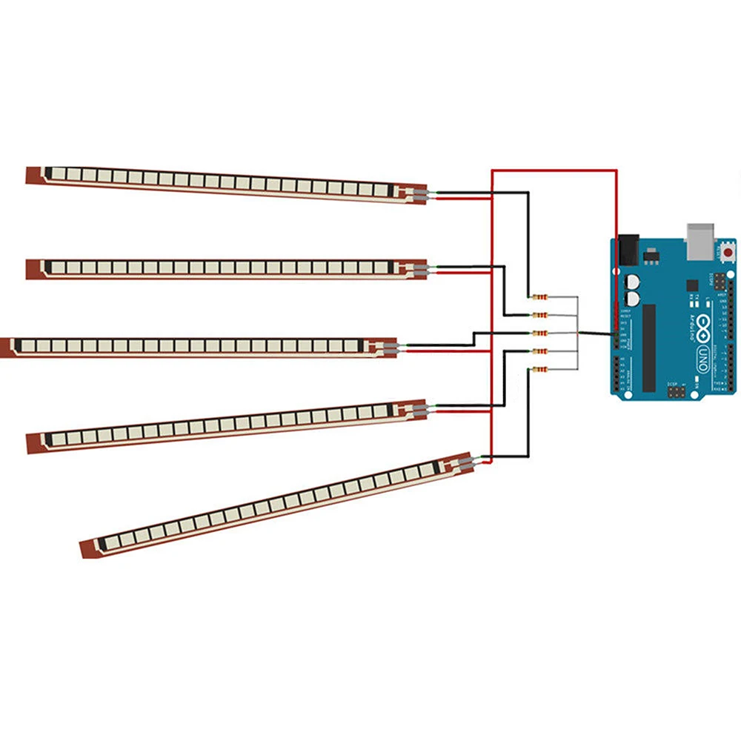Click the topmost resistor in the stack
pos(539,297)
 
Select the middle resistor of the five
pos(539,333)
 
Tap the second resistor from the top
pos(539,315)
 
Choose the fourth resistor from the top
pos(539,350)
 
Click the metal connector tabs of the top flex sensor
pos(419,195)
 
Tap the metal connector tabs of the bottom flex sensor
pos(464,462)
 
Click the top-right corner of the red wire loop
pos(615,171)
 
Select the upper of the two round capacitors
pos(633,282)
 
